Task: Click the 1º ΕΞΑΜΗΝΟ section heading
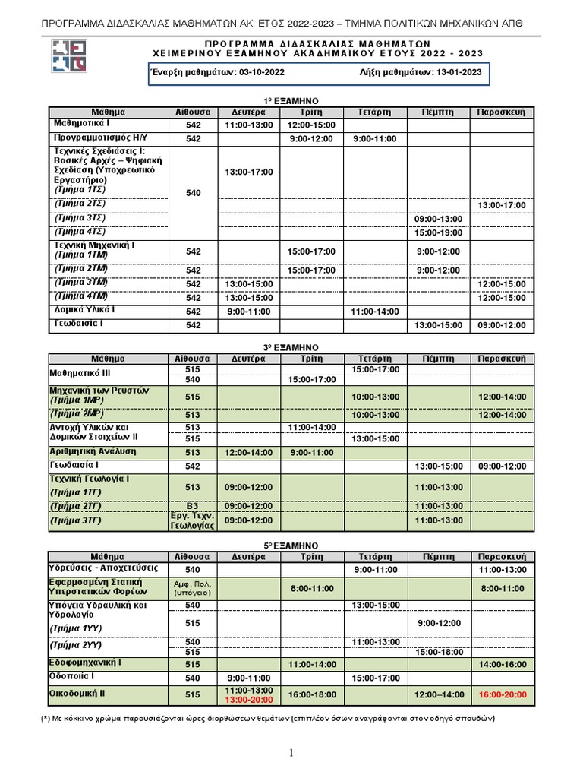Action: (291, 101)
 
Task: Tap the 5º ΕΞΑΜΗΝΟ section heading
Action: (291, 546)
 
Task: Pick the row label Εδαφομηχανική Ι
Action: (86, 663)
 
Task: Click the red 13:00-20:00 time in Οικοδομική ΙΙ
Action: (248, 699)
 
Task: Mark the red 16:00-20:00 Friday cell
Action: (501, 694)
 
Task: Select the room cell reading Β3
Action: (193, 506)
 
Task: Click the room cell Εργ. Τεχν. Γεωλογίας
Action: (193, 520)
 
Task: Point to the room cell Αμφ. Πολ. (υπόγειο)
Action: (193, 587)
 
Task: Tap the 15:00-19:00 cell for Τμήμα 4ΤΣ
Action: (438, 232)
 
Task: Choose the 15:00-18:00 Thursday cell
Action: (438, 652)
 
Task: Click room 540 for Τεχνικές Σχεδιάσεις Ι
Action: (193, 194)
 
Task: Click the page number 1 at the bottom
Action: (291, 753)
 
